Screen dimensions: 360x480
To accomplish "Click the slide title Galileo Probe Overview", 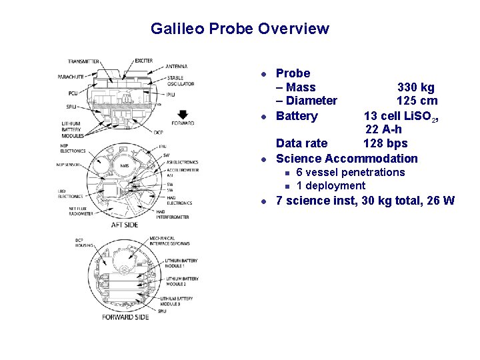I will pos(239,29).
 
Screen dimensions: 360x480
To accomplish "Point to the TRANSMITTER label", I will pos(83,62).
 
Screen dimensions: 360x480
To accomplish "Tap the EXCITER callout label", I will pos(144,61).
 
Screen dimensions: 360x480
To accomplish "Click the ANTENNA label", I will pos(177,67).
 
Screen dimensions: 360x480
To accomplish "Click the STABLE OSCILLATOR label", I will pos(181,81).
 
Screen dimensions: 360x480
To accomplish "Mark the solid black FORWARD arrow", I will pos(183,114).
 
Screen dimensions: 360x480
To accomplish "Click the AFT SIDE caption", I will pos(125,226).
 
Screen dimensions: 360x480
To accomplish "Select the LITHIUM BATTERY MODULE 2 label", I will pos(183,281).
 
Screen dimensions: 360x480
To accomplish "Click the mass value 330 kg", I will pos(416,87).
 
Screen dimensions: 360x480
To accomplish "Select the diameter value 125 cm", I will pos(417,101).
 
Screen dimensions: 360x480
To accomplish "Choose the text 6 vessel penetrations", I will pos(350,173).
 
